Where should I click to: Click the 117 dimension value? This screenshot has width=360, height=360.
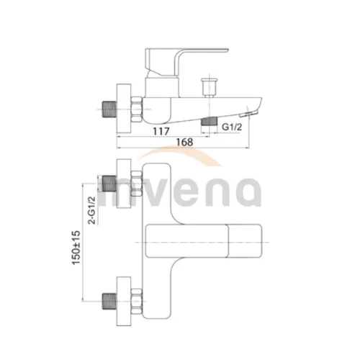(161, 131)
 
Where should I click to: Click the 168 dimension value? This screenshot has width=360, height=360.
(184, 142)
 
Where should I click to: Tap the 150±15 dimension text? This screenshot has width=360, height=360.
(76, 248)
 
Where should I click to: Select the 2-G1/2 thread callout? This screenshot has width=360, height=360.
(92, 210)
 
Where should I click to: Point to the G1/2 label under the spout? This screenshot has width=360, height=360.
(232, 127)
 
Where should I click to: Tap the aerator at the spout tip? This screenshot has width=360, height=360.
(248, 114)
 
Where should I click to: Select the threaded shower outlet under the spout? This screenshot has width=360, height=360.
(209, 121)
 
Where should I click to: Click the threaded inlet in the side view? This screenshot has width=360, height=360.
(109, 109)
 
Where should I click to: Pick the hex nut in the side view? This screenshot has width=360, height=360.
(137, 109)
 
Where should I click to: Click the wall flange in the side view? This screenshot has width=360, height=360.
(124, 108)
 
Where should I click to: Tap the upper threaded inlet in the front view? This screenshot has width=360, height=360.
(109, 184)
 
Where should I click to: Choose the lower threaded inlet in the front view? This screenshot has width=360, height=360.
(109, 301)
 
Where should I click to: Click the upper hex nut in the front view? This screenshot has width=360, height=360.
(137, 184)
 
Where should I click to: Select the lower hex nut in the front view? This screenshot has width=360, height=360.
(137, 301)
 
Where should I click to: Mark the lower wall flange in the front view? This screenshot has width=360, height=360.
(124, 301)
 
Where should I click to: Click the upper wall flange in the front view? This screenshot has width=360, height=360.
(124, 184)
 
